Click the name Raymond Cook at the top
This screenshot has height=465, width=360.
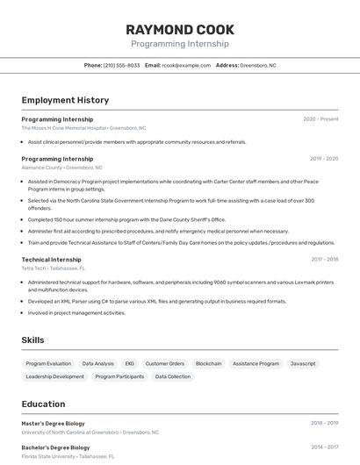(179, 29)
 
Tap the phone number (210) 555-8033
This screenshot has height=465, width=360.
(121, 65)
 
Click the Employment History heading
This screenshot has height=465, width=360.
(65, 101)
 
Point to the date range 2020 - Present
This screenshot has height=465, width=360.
(320, 119)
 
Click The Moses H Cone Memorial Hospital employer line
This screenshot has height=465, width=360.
(83, 128)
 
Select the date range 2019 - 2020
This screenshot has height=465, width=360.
(324, 159)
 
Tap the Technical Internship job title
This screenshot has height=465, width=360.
(51, 260)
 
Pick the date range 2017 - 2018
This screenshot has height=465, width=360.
(324, 260)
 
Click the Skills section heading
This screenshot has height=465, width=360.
(32, 340)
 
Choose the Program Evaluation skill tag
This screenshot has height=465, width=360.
(48, 363)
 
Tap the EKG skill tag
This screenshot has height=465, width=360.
(129, 363)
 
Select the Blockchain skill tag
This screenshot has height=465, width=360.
(208, 363)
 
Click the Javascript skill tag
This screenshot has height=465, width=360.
(303, 363)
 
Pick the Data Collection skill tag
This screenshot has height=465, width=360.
(173, 376)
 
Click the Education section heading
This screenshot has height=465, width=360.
(43, 404)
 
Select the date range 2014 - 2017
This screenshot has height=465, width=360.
(324, 447)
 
